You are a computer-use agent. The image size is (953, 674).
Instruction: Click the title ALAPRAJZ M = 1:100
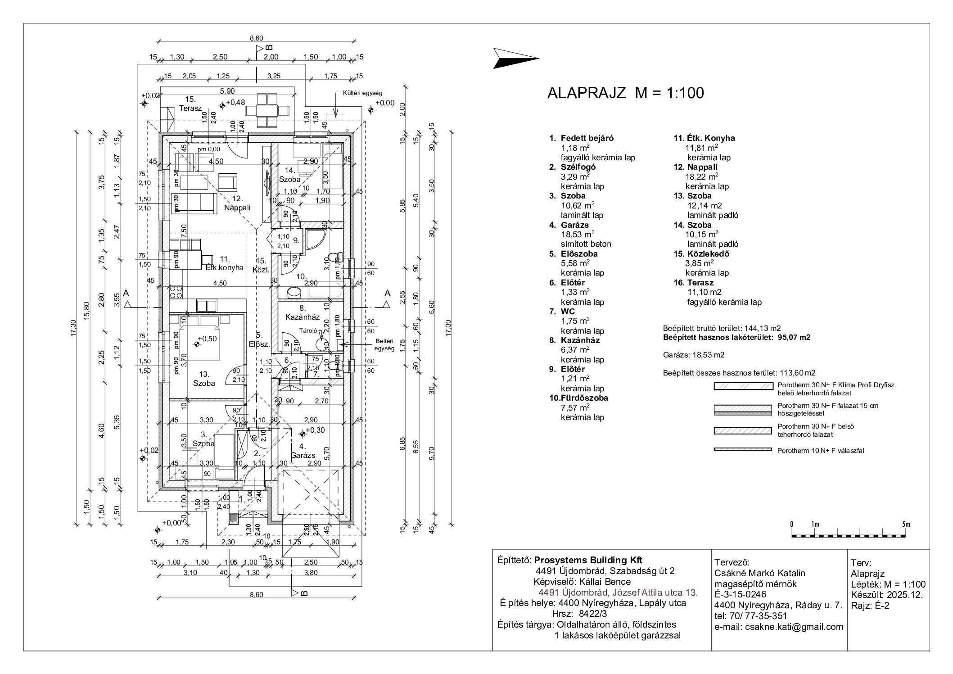625,93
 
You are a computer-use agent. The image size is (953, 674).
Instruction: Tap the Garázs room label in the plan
303,455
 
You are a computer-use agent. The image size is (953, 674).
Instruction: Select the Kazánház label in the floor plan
302,317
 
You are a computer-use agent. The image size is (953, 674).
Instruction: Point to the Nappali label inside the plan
237,208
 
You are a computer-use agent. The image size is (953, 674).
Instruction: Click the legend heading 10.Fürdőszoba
578,398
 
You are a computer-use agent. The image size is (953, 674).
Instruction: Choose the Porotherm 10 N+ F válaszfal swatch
743,449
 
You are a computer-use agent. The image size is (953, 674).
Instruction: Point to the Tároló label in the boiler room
309,330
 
